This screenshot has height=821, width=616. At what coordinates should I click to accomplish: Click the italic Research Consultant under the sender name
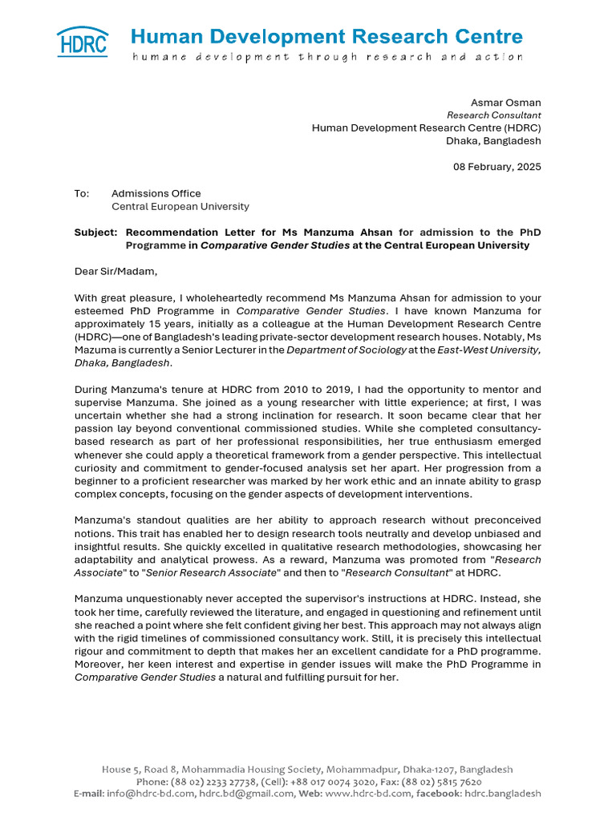493,115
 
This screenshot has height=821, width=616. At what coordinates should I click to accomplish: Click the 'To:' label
83,193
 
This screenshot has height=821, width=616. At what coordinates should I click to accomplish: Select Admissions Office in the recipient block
156,193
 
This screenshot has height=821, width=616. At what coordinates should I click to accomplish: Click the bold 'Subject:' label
95,233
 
